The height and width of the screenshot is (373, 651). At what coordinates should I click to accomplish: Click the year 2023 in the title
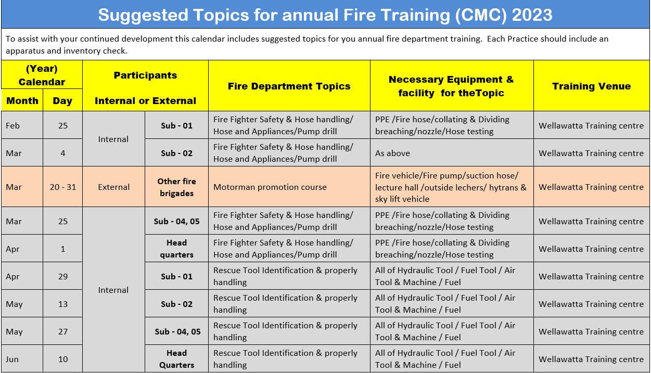tap(532, 15)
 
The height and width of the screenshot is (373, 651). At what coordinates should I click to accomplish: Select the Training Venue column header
tap(592, 86)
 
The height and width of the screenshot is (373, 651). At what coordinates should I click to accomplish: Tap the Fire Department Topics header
tap(289, 86)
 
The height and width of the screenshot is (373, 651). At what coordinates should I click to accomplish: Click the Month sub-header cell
tap(22, 100)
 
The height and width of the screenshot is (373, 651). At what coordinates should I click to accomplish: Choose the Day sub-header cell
tap(62, 100)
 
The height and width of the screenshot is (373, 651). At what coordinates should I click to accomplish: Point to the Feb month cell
tap(22, 125)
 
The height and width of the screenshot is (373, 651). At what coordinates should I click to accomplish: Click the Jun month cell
tap(22, 359)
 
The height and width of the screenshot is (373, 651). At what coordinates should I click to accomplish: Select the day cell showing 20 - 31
tap(63, 187)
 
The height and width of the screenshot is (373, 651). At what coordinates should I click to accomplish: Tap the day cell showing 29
tap(63, 276)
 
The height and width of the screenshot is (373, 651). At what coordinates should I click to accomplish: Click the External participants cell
tap(113, 187)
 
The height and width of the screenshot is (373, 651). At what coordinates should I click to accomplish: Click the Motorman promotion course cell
tap(289, 187)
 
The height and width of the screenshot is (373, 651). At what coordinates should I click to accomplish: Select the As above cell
tap(452, 153)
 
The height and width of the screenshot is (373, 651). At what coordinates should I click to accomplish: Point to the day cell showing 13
tap(63, 304)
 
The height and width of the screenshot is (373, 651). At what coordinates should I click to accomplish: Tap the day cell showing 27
tap(63, 331)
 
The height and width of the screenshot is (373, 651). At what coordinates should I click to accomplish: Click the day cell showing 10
tap(63, 359)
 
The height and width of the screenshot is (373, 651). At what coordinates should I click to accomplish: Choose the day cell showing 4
tap(63, 153)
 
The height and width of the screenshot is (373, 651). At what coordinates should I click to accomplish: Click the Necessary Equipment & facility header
tap(452, 86)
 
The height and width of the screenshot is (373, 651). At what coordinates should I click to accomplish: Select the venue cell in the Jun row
tap(592, 359)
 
